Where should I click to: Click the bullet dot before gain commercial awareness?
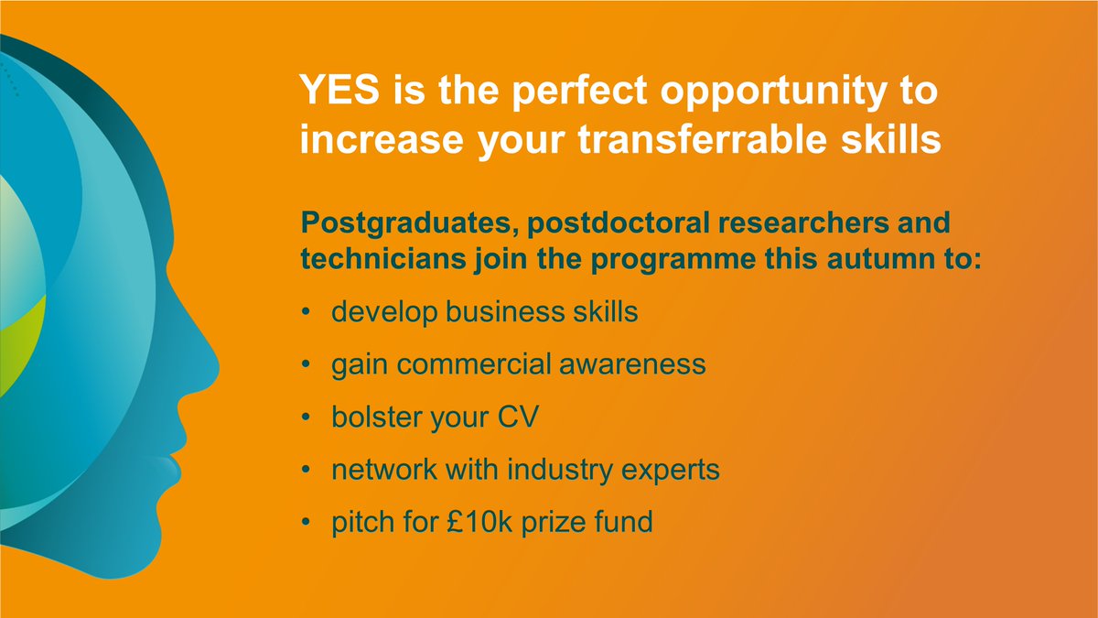pos(305,365)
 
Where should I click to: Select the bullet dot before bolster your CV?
pos(305,418)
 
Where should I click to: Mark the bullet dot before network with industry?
pos(305,471)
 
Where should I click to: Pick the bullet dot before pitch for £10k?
pos(305,524)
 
